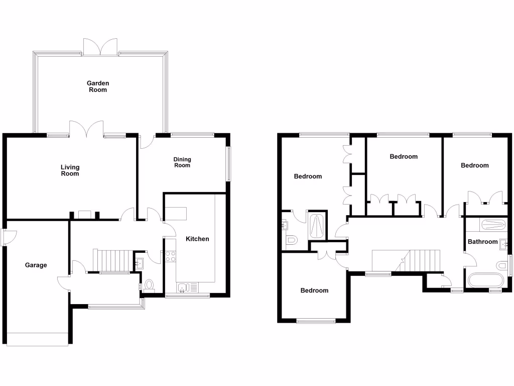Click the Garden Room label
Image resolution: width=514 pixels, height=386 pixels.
click(98, 86)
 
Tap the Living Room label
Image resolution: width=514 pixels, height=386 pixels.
click(70, 170)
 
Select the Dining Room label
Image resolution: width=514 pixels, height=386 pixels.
click(182, 162)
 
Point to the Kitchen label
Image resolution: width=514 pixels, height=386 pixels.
click(197, 239)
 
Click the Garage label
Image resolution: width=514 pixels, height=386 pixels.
click(36, 265)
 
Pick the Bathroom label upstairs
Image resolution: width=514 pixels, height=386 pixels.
click(482, 242)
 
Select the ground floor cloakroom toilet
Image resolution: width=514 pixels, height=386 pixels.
click(149, 286)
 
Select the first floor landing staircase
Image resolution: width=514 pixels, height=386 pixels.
click(424, 260)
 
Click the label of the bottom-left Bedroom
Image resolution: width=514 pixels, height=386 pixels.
click(314, 291)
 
